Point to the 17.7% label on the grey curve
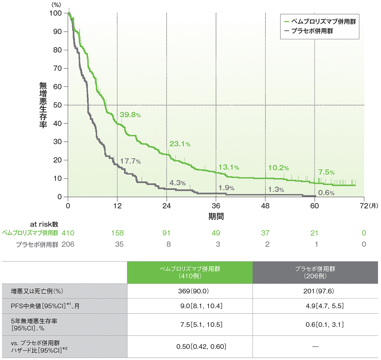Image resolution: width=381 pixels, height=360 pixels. tap(131, 161)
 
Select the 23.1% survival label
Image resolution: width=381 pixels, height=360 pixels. tap(180, 144)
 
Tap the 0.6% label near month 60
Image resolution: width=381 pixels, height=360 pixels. tap(326, 193)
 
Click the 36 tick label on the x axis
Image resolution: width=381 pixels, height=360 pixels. tap(216, 206)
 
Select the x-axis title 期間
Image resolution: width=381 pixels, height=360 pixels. tap(216, 216)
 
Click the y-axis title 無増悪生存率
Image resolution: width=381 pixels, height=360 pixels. tap(43, 105)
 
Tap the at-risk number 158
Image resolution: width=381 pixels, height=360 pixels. tap(117, 233)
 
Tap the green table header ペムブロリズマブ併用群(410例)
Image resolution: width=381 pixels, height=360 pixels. tap(189, 272)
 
